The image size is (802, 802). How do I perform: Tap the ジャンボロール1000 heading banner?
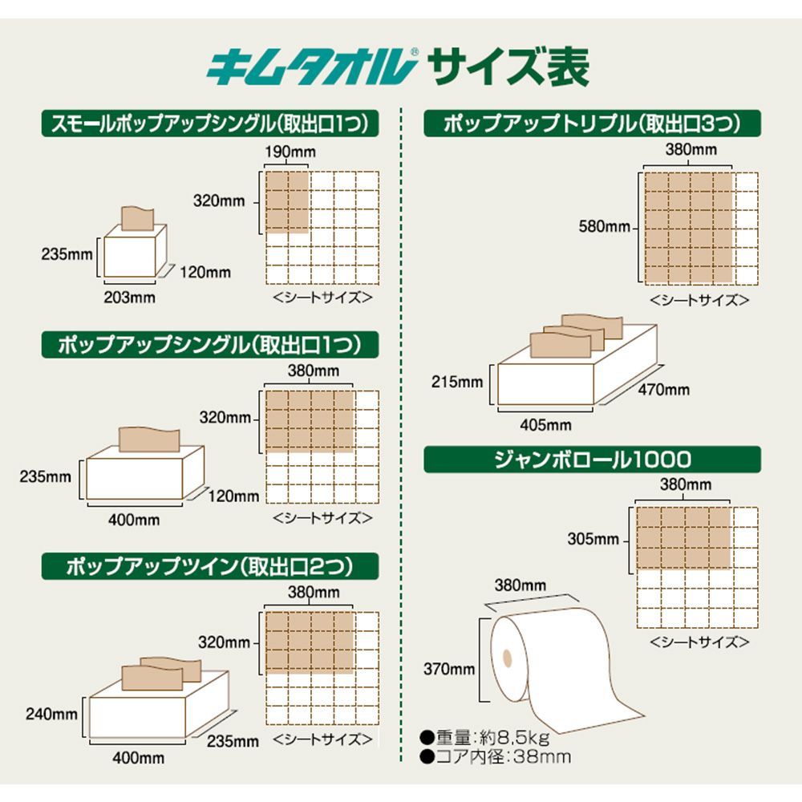coord(592,459)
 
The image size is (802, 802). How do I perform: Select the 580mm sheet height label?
coord(605,227)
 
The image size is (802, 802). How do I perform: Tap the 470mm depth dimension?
coord(664,390)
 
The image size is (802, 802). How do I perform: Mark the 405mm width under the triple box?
coord(545,424)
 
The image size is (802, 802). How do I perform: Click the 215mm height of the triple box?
coord(457,382)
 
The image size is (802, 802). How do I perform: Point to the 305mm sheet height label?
coord(593,539)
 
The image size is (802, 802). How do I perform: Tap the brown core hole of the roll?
coord(506,658)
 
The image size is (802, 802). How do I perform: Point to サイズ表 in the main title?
coord(508,69)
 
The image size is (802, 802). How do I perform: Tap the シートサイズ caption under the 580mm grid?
coord(699,301)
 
